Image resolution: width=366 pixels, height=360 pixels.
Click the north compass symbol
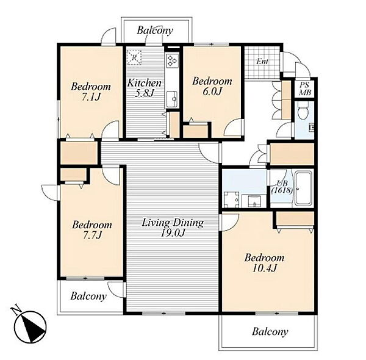click(x=30, y=327)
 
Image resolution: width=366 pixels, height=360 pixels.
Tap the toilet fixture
click(x=303, y=112)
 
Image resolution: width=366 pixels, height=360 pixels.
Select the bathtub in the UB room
click(x=304, y=188)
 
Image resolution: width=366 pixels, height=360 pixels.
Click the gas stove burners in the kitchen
click(x=172, y=60)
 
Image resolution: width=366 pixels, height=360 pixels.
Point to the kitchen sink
click(x=172, y=99)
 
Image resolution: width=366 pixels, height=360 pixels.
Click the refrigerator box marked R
click(x=134, y=57)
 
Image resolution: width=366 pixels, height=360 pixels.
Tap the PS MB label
click(x=305, y=88)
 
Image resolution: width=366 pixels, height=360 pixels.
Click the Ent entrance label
click(x=262, y=62)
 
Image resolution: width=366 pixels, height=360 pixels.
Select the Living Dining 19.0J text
click(x=173, y=228)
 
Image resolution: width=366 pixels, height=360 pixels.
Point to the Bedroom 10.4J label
click(x=265, y=263)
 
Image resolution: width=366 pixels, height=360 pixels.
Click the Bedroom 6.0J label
click(x=212, y=86)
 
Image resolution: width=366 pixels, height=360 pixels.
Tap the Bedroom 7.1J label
click(x=91, y=92)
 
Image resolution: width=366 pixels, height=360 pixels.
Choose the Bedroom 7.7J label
click(x=92, y=229)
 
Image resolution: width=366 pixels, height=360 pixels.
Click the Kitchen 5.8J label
click(x=145, y=88)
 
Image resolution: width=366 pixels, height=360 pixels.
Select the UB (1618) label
click(x=282, y=187)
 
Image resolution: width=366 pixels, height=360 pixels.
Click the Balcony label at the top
click(x=155, y=31)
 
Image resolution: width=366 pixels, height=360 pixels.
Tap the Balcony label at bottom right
click(x=270, y=331)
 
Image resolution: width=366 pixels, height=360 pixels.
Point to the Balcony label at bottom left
click(x=88, y=296)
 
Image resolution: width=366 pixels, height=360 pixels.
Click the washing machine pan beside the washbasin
click(x=232, y=200)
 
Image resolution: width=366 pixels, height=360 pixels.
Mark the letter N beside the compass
click(x=16, y=310)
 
